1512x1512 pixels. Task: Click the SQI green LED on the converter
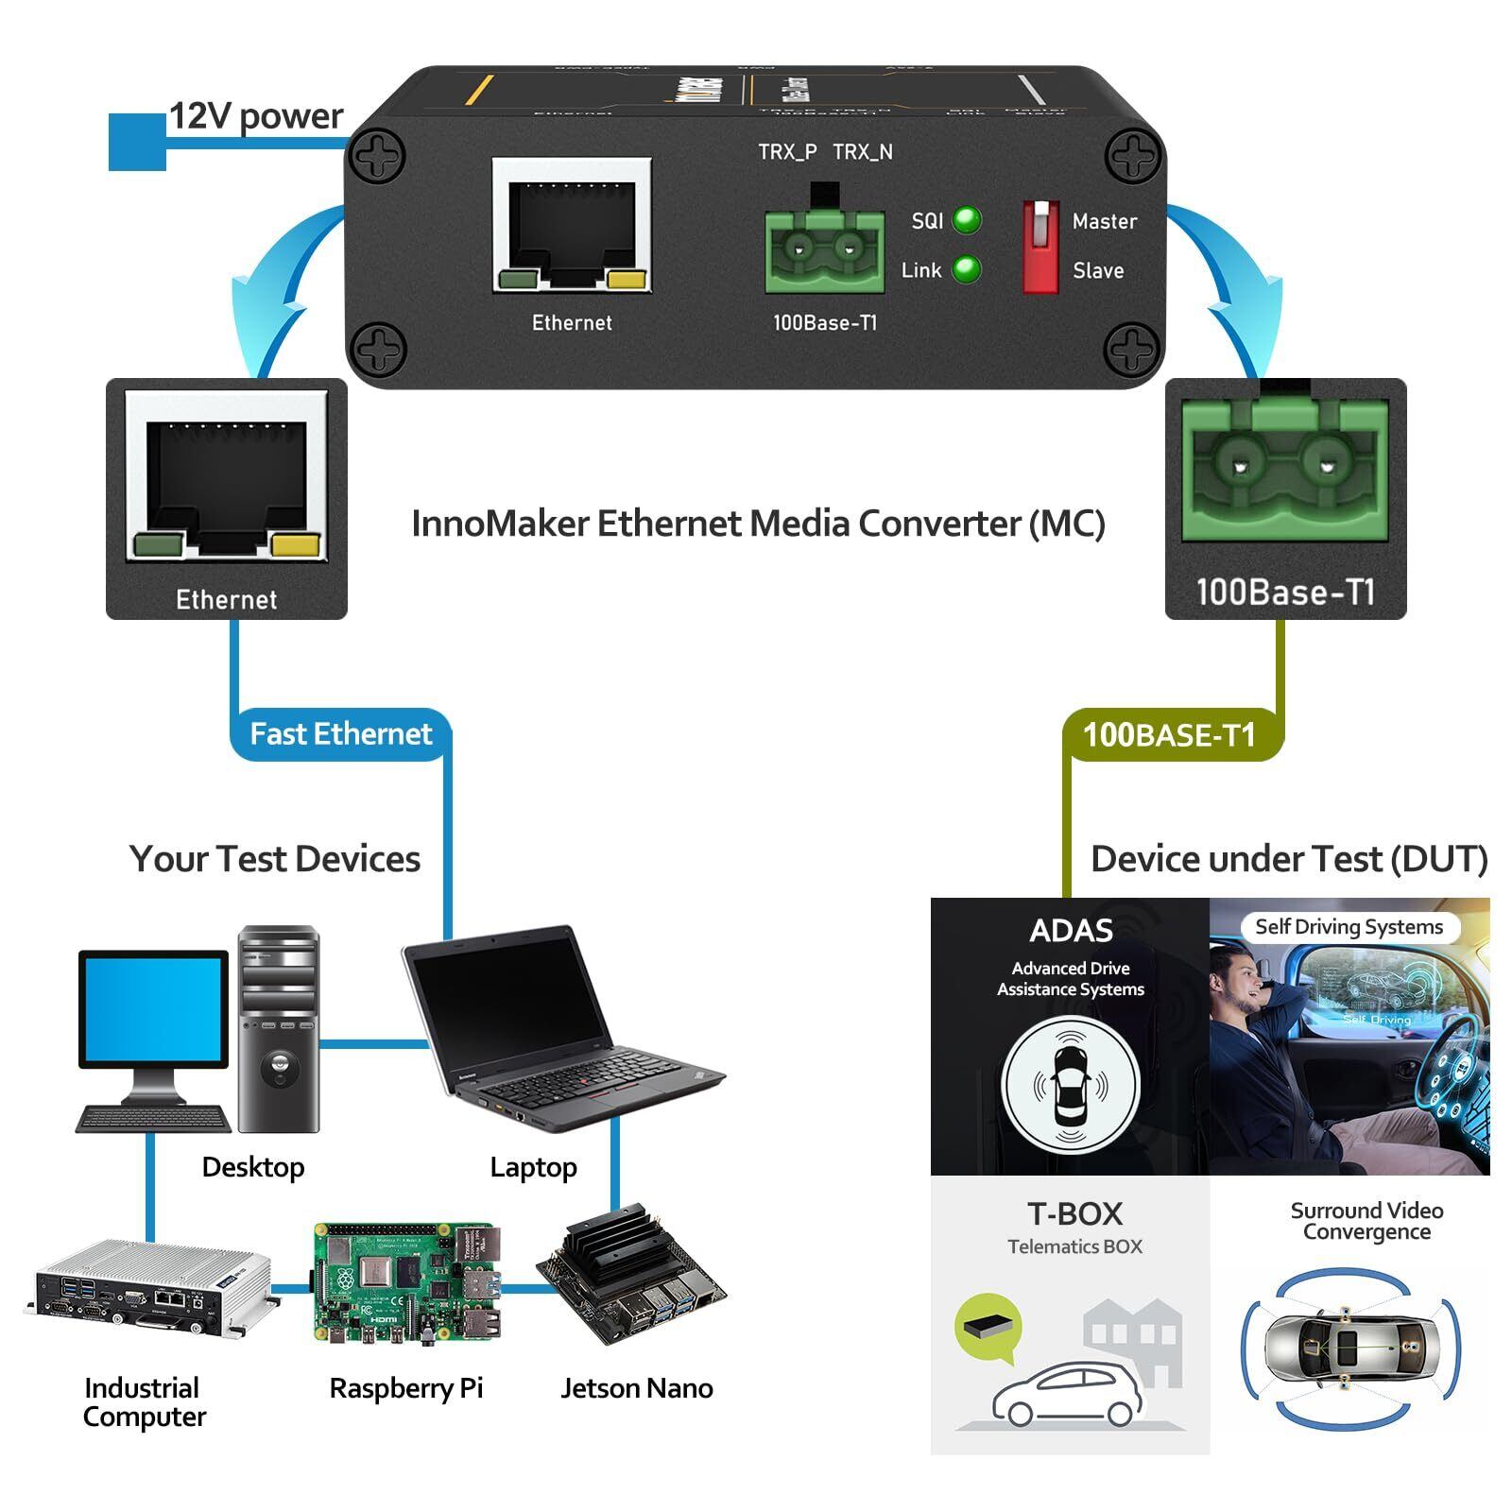point(966,220)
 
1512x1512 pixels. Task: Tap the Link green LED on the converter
point(966,269)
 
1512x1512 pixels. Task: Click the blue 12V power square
point(137,142)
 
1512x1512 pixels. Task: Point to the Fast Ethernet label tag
point(340,734)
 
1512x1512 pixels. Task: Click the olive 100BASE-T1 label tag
point(1169,735)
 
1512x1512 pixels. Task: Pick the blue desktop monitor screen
point(153,1008)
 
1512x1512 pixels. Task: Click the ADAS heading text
point(1071,931)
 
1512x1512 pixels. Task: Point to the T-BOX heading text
point(1074,1213)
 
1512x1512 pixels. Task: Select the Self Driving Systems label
point(1349,927)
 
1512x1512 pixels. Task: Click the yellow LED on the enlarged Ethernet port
point(295,545)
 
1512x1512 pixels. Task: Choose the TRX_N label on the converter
point(862,152)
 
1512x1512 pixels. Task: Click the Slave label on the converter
point(1098,271)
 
